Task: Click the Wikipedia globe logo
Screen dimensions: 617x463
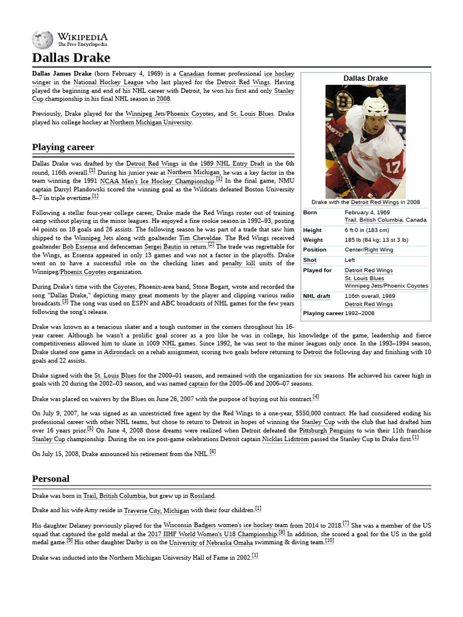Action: tap(42, 40)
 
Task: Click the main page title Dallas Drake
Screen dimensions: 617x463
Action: tap(71, 58)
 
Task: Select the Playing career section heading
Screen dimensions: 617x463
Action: tap(63, 147)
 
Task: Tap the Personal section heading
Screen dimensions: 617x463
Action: tap(51, 478)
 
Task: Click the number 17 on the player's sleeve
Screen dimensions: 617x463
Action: tap(394, 166)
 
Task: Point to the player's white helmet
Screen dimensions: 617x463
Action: tap(375, 107)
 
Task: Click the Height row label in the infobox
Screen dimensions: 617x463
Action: tap(312, 230)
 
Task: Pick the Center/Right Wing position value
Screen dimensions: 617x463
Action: tap(368, 249)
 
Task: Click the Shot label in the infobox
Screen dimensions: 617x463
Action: tap(309, 260)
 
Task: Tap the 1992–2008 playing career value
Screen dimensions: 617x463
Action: tap(359, 313)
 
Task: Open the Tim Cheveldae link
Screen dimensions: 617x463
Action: tap(199, 238)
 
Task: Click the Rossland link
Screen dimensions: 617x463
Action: tap(202, 496)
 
